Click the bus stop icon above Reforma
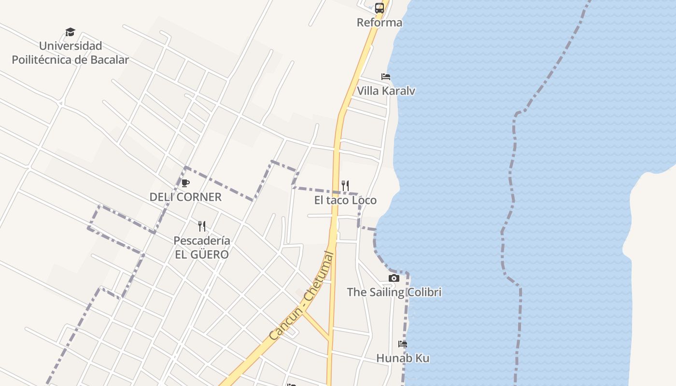[x=380, y=8]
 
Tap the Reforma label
[x=380, y=23]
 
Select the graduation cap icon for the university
[x=70, y=32]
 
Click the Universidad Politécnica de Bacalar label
[x=70, y=53]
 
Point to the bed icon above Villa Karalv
[x=386, y=77]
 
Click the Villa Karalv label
[x=386, y=91]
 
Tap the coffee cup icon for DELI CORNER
[x=185, y=183]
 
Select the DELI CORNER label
[x=185, y=197]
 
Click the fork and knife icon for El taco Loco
[x=345, y=186]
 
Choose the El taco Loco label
[x=345, y=200]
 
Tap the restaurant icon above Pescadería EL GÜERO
[x=202, y=226]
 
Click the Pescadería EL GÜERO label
[x=202, y=248]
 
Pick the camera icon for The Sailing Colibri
[x=394, y=278]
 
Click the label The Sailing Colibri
[x=394, y=292]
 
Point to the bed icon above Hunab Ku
[x=403, y=344]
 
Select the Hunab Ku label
[x=403, y=358]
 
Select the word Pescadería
[x=202, y=241]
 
